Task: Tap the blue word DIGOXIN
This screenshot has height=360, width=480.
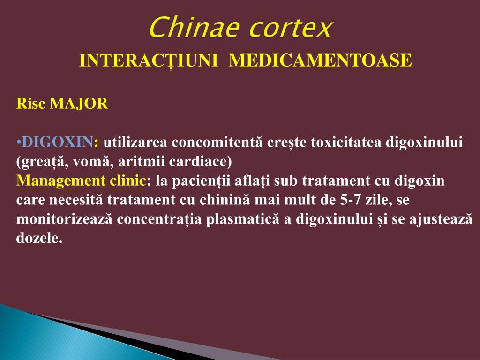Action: tap(58, 142)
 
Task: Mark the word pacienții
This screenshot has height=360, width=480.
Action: tap(200, 181)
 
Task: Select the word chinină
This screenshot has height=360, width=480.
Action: tap(227, 200)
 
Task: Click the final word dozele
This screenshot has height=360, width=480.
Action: tap(39, 239)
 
